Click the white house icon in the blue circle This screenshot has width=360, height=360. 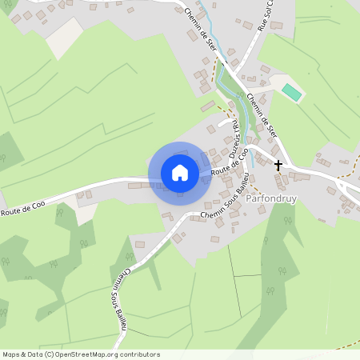[180, 172]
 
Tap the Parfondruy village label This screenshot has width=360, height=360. [271, 197]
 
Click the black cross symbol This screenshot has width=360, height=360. [278, 166]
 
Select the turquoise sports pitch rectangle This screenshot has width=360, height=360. [292, 92]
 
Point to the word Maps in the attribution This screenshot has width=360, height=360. [11, 354]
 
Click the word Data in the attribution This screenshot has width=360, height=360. [35, 354]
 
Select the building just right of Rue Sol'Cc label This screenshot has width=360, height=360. [276, 25]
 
